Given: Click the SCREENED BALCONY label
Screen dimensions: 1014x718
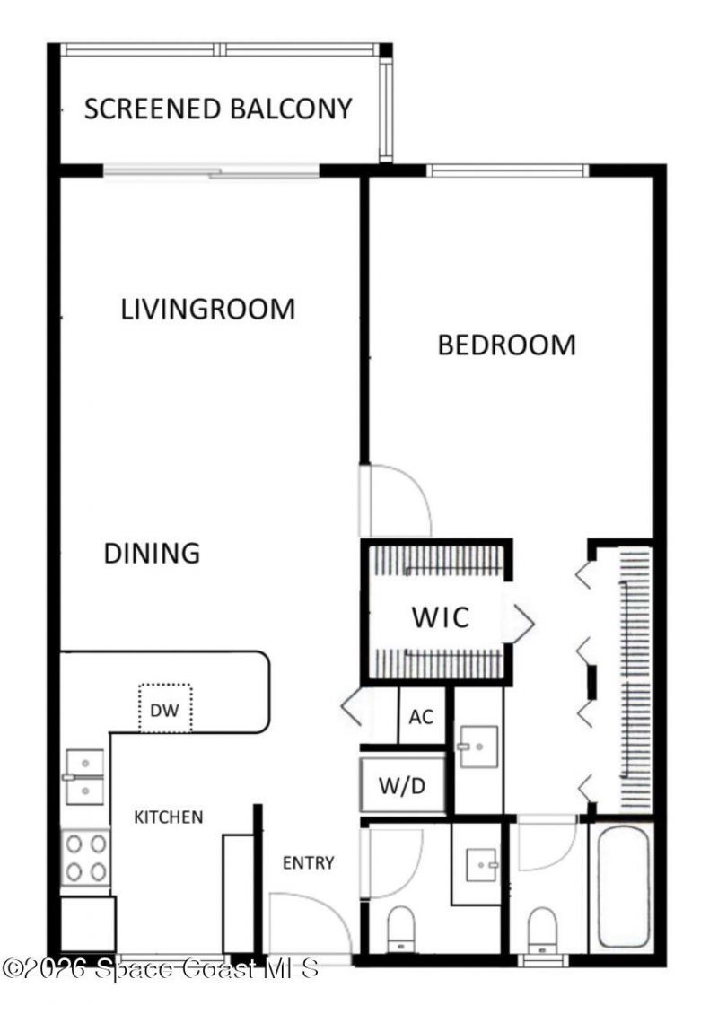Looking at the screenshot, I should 218,109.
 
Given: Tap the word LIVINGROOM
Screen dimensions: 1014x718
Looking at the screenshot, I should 208,310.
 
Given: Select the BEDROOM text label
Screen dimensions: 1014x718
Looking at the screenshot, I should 506,345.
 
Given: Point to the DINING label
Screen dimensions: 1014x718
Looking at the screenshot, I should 152,553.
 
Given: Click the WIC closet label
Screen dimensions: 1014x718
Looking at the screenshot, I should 440,618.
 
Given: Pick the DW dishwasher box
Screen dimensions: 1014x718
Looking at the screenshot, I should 164,710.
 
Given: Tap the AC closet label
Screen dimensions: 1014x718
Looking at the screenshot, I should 421,718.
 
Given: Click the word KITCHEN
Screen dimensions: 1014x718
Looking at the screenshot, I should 169,817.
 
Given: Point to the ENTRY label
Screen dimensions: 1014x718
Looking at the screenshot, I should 308,863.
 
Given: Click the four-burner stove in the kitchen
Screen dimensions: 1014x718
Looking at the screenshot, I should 86,858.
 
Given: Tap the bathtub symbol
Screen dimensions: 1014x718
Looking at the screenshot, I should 623,887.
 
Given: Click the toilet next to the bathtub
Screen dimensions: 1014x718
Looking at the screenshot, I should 543,929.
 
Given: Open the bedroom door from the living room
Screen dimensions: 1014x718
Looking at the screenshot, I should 395,501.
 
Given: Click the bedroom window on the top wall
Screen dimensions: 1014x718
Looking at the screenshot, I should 507,170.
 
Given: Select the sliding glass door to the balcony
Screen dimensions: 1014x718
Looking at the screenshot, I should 211,171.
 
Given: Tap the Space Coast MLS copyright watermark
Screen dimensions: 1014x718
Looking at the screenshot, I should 162,969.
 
